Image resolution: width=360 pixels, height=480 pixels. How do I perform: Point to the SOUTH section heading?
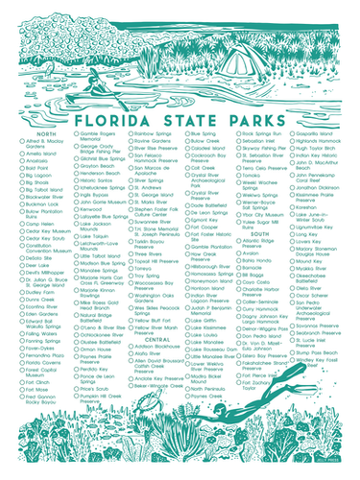(258, 233)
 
